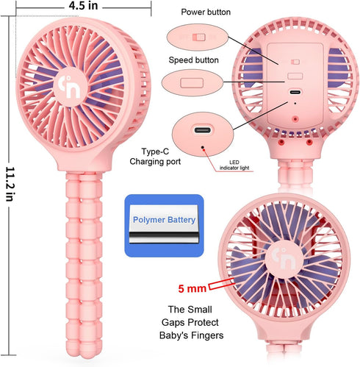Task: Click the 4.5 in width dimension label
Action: click(83, 6)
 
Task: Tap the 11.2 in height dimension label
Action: click(10, 184)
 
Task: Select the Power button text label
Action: click(206, 12)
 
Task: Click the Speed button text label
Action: click(193, 60)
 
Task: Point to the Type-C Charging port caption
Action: click(155, 157)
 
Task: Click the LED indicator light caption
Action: click(234, 165)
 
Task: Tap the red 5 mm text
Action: click(192, 288)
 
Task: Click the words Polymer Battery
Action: click(164, 220)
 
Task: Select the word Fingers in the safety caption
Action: click(207, 335)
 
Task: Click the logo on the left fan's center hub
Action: click(70, 87)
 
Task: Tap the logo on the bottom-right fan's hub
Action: click(284, 259)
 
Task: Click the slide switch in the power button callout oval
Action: click(198, 38)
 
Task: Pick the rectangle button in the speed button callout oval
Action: click(192, 83)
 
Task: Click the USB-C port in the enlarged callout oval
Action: click(202, 129)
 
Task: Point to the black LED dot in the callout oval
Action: click(203, 147)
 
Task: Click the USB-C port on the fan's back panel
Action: click(295, 92)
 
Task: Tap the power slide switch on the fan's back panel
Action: click(295, 62)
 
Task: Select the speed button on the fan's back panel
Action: click(295, 76)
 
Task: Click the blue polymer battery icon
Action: click(164, 226)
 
